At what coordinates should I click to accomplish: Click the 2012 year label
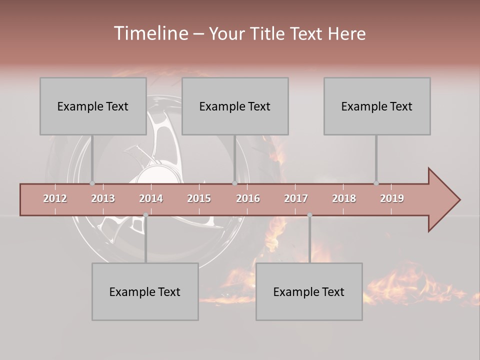[55, 198]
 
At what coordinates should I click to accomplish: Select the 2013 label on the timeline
[103, 198]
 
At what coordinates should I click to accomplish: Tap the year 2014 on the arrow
[151, 198]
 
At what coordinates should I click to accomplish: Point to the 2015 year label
[199, 198]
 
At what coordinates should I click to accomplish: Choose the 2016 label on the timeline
[248, 198]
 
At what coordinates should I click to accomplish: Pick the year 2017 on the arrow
[296, 198]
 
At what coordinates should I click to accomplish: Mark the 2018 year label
[344, 198]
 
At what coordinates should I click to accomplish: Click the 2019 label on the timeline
[392, 198]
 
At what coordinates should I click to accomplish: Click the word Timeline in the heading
[150, 33]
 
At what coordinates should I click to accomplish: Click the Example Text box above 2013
[93, 106]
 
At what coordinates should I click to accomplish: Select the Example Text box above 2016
[235, 106]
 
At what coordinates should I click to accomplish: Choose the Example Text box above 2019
[377, 106]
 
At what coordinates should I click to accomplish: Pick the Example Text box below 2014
[145, 291]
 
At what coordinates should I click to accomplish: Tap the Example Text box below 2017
[309, 291]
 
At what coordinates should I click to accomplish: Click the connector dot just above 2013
[92, 183]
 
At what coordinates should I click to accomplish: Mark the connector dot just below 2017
[309, 215]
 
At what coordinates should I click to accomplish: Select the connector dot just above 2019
[376, 183]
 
